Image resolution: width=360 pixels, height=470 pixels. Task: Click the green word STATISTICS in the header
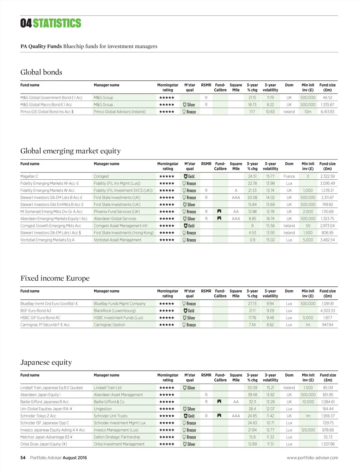click(57, 23)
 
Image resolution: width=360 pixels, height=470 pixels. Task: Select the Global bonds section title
click(41, 72)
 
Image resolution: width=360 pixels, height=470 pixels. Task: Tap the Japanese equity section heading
click(46, 362)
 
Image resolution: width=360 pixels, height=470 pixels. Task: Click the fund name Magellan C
click(29, 176)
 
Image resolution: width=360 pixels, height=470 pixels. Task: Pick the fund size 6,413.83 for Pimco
click(327, 112)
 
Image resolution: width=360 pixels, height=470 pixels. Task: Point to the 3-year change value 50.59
click(252, 388)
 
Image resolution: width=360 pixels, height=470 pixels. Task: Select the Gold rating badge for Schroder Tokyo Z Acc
click(189, 416)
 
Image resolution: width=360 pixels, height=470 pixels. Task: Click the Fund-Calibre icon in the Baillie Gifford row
click(219, 402)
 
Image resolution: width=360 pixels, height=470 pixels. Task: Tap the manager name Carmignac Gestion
click(109, 325)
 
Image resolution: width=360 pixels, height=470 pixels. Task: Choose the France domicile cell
click(289, 176)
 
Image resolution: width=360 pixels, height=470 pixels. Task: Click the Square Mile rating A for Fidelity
click(236, 190)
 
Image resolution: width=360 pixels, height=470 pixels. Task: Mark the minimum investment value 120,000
click(308, 430)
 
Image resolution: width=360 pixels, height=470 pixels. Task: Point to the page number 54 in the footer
click(23, 458)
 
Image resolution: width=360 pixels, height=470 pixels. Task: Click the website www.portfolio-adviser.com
click(312, 458)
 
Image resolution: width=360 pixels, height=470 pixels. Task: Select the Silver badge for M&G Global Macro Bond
click(189, 105)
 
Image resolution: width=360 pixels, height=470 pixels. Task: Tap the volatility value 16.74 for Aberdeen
click(270, 219)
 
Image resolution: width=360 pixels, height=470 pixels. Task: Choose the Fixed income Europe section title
click(55, 278)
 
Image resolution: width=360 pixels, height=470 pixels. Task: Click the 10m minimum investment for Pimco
click(308, 112)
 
